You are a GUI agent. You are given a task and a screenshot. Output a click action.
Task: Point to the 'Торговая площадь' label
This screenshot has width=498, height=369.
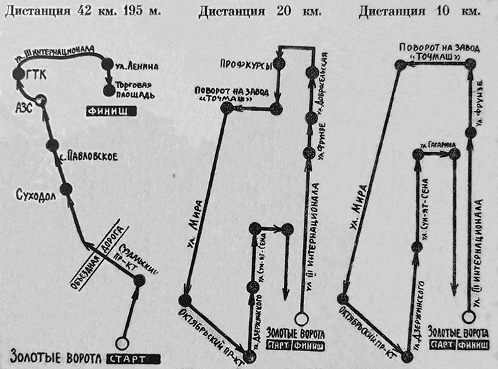[137, 90]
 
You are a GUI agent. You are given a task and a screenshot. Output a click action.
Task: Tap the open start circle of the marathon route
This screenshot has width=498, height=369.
[121, 343]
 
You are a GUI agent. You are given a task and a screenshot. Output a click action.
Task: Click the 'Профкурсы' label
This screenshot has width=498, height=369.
[246, 64]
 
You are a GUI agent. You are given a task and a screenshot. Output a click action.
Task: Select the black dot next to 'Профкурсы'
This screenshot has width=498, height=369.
[279, 64]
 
